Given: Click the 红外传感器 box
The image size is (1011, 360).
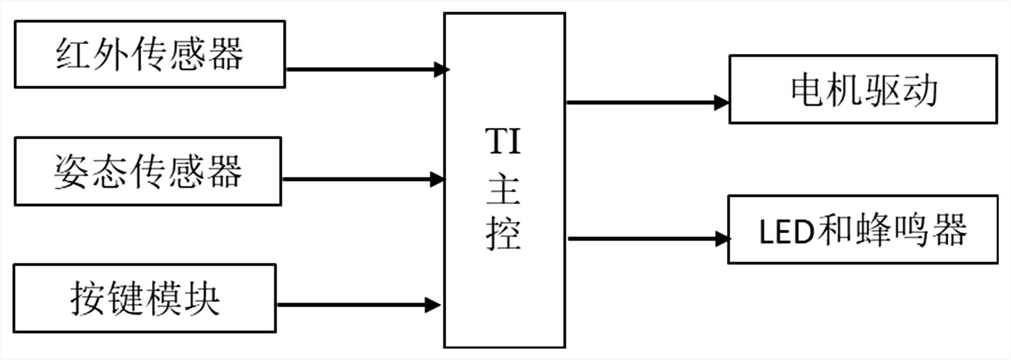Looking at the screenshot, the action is [x=149, y=54].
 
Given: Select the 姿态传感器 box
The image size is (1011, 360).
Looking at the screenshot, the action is [x=148, y=172].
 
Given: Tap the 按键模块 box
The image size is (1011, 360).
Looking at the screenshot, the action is [x=144, y=298].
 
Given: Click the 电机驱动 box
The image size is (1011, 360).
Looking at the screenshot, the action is [x=863, y=89].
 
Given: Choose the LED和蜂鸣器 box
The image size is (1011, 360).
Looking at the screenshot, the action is [x=863, y=230].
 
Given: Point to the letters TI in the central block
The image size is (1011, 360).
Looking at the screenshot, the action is [x=503, y=141].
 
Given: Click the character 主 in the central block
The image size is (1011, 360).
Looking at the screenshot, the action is [x=504, y=191].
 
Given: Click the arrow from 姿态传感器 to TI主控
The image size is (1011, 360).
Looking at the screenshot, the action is [x=363, y=179].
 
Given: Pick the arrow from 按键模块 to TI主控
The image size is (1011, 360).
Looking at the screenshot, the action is [x=358, y=305].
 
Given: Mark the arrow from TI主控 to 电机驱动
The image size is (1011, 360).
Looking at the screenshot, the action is [x=647, y=103].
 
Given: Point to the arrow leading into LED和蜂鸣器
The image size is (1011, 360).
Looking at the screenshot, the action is [x=648, y=238].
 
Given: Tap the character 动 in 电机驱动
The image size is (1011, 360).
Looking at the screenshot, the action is [x=921, y=90].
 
